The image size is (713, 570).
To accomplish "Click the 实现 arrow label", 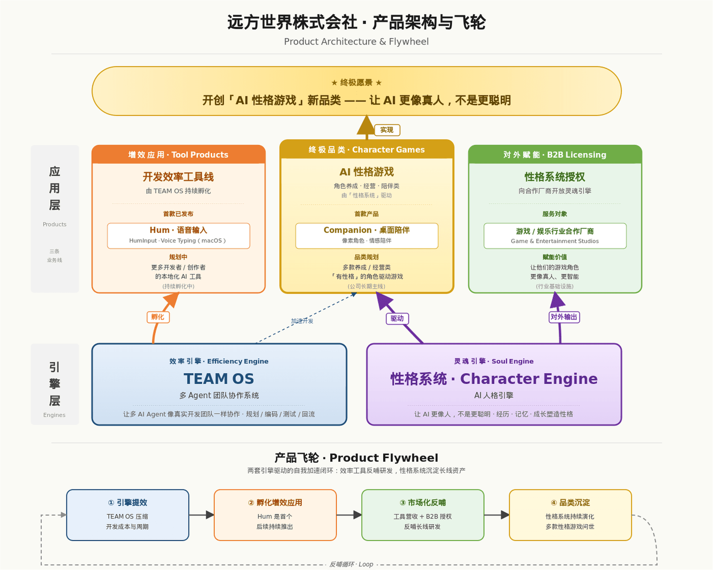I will pos(387,130).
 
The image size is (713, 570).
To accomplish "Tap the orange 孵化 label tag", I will pos(158,317).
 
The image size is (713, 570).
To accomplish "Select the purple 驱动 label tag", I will pos(397,318).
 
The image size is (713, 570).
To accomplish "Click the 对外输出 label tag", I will pos(564,317).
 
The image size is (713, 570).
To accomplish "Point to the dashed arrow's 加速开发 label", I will pos(302,321).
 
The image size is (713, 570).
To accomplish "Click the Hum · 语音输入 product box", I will pos(178,236).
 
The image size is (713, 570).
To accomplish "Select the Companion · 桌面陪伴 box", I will pos(366,236).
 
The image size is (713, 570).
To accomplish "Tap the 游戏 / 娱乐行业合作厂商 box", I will pos(555,236).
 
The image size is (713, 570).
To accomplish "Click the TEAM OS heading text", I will pos(219,379).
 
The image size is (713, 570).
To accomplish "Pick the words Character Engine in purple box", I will pos(529,379).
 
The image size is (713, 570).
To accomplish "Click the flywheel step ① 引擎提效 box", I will pos(127,515).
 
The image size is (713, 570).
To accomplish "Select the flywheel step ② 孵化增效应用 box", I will pos(275,515).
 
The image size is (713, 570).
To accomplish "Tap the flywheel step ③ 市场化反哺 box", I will pos(422,515).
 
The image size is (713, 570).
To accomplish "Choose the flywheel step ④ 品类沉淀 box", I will pos(570,515).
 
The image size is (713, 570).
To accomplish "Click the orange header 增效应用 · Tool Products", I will pos(178,155).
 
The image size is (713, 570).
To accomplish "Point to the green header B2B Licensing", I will pos(576,155).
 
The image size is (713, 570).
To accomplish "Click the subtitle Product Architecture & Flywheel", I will pos(356,41).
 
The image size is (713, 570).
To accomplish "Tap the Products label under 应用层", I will pos(54,224).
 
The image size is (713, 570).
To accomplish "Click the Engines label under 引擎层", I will pos(54,415).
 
